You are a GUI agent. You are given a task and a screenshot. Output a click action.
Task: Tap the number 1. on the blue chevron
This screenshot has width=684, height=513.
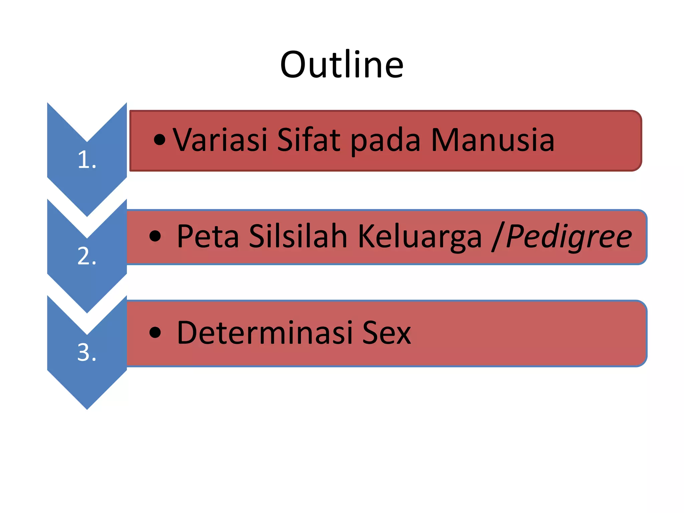click(87, 160)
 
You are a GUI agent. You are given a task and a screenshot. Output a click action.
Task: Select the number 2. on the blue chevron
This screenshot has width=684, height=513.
click(87, 256)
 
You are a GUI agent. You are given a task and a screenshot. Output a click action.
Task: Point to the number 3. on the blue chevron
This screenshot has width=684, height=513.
click(87, 352)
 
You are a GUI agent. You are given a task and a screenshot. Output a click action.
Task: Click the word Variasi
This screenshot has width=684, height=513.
click(220, 140)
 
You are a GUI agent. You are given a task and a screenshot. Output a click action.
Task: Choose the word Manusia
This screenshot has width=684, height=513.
click(493, 140)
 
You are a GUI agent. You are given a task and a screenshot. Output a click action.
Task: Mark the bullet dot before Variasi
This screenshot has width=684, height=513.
click(160, 140)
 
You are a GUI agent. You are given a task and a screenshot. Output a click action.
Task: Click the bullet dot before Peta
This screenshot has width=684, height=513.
click(155, 236)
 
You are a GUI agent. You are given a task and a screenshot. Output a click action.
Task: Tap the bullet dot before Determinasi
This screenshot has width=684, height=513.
click(155, 333)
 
